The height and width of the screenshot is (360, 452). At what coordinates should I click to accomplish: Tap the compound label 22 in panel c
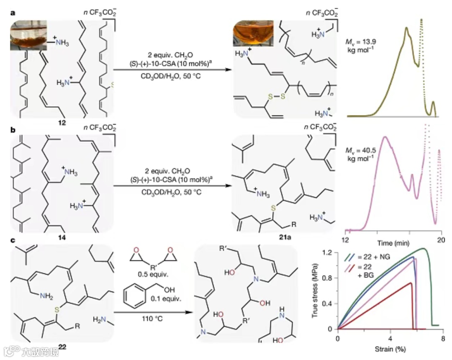pyautogui.click(x=62, y=347)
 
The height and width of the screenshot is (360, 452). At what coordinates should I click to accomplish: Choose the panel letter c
pyautogui.click(x=13, y=242)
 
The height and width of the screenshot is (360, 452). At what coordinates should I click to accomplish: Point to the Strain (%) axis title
pyautogui.click(x=390, y=348)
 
